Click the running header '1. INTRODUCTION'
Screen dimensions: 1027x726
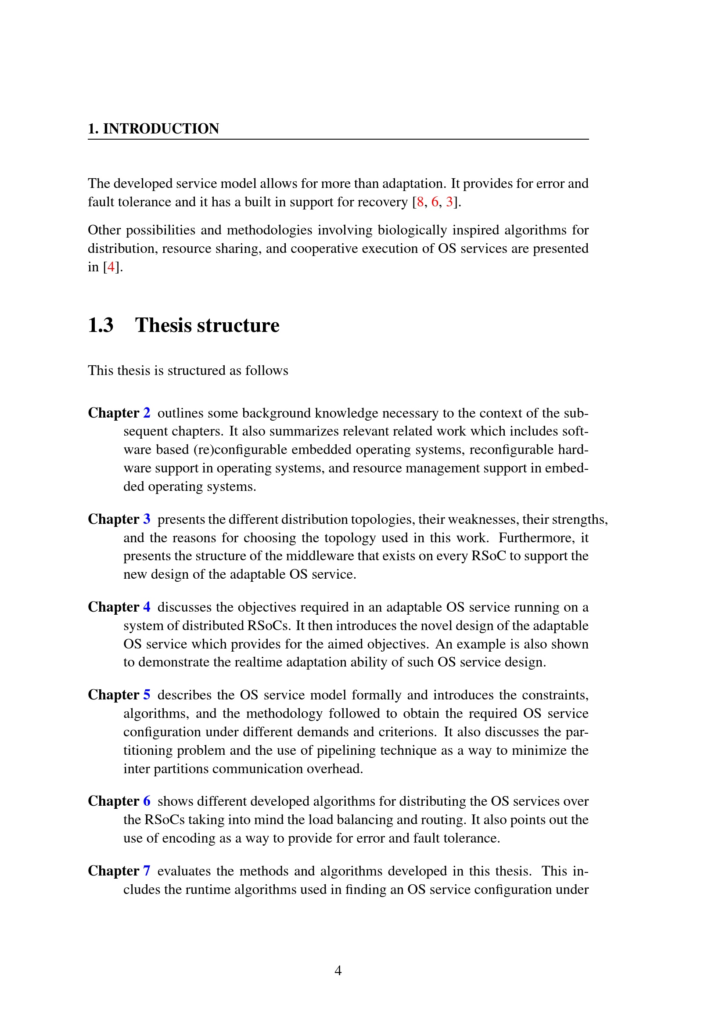tap(153, 129)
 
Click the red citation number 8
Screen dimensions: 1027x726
tap(420, 202)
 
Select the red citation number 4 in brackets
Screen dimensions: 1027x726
tap(111, 267)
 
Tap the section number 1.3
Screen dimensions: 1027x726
tap(101, 325)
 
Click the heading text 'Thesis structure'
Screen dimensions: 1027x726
tap(207, 325)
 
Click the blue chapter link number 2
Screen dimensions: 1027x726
tap(147, 412)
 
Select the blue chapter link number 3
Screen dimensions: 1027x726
tap(147, 519)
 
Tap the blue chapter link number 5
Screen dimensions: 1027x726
tap(147, 695)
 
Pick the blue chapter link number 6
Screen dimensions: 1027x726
tap(147, 801)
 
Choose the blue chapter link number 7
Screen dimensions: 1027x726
tap(147, 871)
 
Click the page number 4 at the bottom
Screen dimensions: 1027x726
tap(338, 971)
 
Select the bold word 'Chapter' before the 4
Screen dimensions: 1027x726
tap(114, 607)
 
